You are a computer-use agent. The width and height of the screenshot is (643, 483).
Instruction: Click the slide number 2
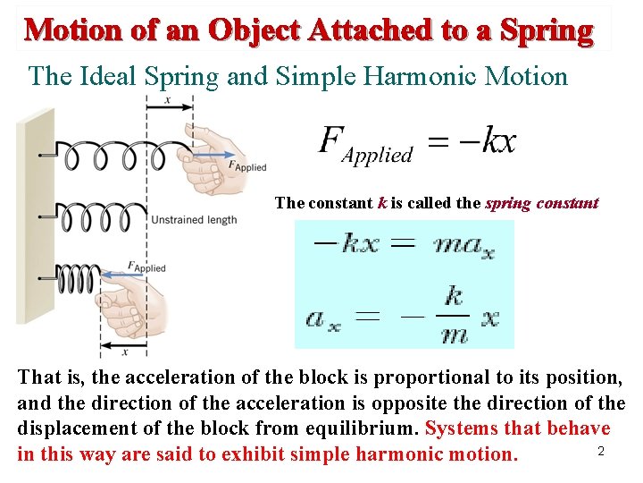pyautogui.click(x=601, y=451)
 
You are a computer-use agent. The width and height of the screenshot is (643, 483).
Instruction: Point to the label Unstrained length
pyautogui.click(x=195, y=220)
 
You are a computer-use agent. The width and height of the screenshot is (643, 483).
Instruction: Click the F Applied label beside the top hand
pyautogui.click(x=247, y=166)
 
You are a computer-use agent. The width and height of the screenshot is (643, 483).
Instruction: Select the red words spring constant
pyautogui.click(x=541, y=203)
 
